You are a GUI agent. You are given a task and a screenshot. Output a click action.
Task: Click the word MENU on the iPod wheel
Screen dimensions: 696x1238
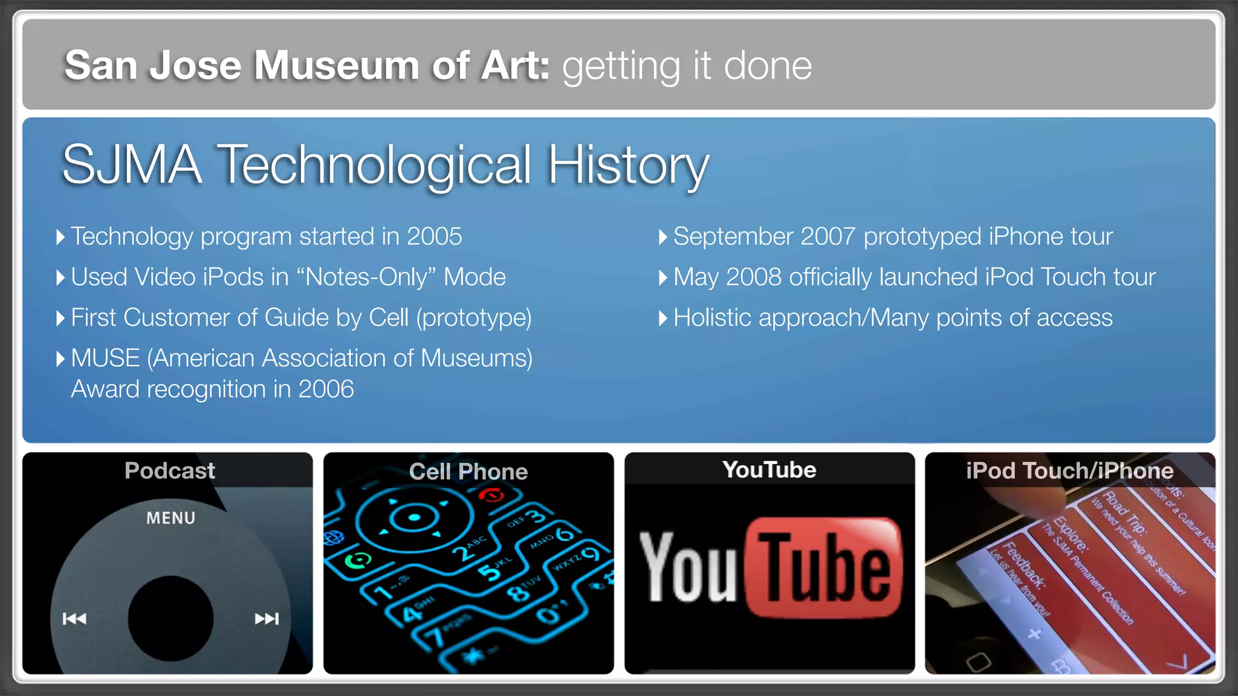tap(170, 518)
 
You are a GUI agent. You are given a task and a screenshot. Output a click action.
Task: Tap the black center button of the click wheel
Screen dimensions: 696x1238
tap(170, 617)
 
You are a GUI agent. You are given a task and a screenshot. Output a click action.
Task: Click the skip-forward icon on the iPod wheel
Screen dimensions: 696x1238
tap(267, 618)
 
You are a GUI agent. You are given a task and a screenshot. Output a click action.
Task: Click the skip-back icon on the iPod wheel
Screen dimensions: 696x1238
tap(74, 618)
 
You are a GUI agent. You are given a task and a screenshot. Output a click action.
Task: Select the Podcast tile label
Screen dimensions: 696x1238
tap(169, 471)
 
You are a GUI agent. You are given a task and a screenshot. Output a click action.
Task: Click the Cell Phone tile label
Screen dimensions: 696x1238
tap(468, 471)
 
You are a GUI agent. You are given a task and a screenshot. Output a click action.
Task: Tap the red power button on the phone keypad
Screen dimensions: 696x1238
tap(491, 496)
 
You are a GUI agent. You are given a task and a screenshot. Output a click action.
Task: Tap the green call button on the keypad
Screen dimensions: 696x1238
tap(358, 561)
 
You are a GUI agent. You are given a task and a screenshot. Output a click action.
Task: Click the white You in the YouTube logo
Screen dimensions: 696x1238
tap(688, 568)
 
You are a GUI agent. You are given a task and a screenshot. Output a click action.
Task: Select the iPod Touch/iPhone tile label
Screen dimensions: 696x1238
tap(1069, 471)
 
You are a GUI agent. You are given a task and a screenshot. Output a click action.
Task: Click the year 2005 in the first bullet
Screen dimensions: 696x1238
tap(434, 236)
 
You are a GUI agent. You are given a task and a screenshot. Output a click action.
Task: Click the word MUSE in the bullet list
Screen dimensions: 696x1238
tap(105, 358)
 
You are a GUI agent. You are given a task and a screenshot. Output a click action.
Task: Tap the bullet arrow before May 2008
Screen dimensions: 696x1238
tap(663, 278)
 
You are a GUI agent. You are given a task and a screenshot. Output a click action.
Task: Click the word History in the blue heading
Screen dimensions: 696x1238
tap(628, 164)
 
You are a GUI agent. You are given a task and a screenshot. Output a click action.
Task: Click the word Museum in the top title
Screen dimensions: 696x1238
tap(336, 65)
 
